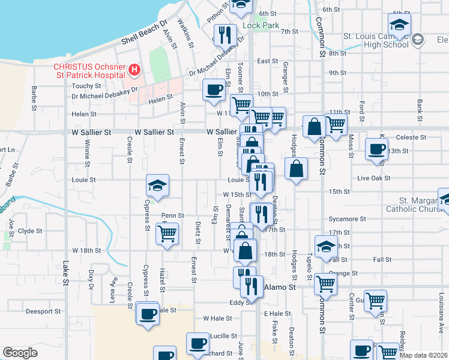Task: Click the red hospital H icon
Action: tap(134, 71)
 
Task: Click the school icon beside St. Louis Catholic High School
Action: tap(399, 25)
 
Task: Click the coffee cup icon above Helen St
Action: tap(214, 89)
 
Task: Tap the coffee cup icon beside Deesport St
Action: tap(148, 313)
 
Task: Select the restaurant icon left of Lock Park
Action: tap(225, 34)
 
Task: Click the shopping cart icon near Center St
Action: tap(375, 299)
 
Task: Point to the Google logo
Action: tap(20, 353)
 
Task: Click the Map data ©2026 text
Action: tap(424, 355)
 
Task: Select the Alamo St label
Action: tap(280, 287)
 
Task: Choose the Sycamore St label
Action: tap(343, 220)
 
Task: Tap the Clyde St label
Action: tap(30, 230)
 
